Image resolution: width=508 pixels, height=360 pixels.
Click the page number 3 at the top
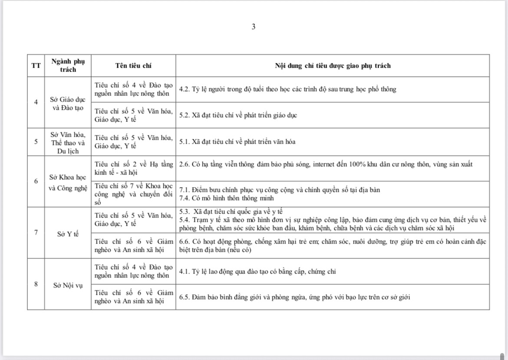point(254,27)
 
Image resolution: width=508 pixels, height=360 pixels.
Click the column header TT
point(36,66)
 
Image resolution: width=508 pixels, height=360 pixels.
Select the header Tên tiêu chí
point(133,66)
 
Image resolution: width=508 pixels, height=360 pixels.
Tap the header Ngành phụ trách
point(68,66)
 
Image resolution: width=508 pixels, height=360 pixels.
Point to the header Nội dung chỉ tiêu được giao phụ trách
point(333,66)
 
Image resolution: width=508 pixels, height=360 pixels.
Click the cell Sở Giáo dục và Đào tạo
point(68,102)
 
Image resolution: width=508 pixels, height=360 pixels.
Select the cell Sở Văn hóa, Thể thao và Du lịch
point(68,142)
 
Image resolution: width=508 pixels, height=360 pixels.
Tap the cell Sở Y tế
point(68,234)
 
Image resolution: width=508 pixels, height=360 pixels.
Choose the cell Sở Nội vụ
point(68,285)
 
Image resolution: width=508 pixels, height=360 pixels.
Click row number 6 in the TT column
point(36,182)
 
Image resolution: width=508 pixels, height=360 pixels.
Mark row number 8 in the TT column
point(36,284)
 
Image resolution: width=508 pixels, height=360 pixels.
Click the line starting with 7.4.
point(227,198)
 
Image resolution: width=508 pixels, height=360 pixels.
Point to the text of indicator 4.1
point(257,272)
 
